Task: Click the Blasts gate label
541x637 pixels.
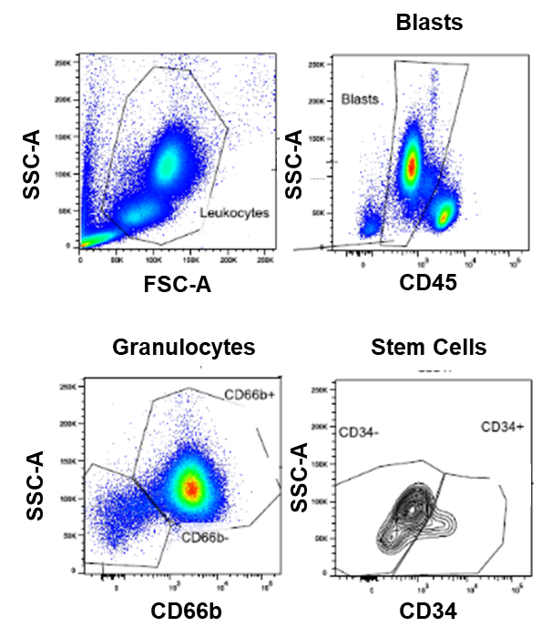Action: click(x=358, y=96)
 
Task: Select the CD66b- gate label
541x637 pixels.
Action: click(x=205, y=537)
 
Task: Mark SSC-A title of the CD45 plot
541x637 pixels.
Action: click(x=293, y=164)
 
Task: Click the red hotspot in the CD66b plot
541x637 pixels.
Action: click(x=191, y=488)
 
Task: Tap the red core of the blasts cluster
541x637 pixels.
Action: click(x=411, y=166)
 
